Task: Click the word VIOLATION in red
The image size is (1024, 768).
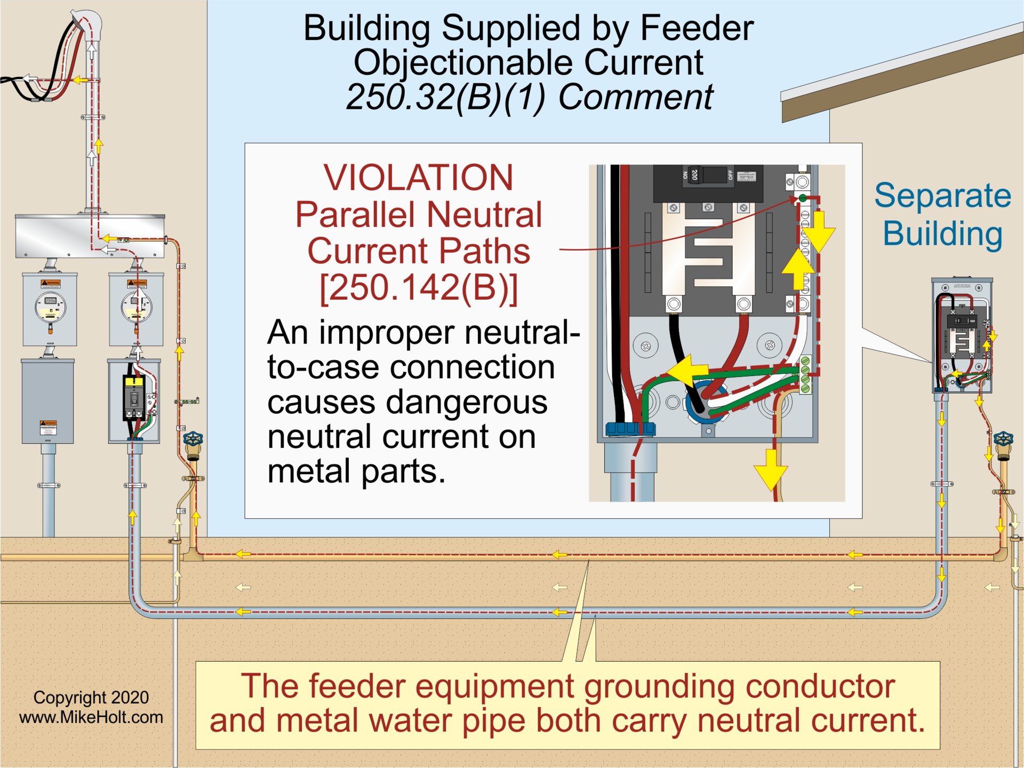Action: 418,178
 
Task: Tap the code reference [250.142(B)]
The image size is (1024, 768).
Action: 419,288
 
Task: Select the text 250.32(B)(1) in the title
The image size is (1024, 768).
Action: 445,97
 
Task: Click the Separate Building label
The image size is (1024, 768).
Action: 942,214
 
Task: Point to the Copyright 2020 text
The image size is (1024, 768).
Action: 91,697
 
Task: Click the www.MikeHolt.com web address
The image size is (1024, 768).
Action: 91,717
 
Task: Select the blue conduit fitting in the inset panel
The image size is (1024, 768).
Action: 630,428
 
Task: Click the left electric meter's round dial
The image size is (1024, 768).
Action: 50,307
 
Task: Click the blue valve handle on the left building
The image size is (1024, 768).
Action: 193,439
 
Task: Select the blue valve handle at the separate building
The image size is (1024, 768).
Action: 1003,438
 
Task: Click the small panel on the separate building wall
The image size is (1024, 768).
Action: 962,335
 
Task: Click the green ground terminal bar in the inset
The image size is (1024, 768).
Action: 805,375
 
